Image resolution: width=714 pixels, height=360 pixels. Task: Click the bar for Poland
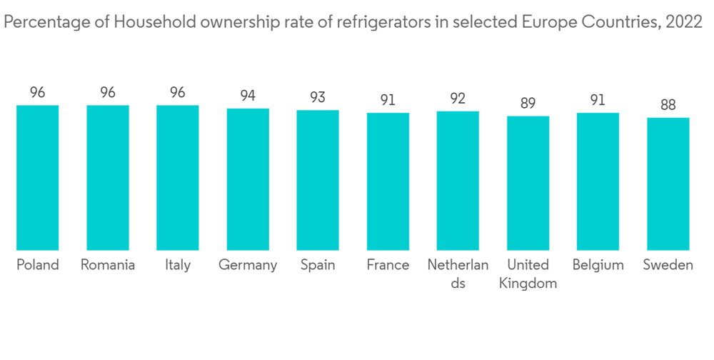pyautogui.click(x=38, y=178)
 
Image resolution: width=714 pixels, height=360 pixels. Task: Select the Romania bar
pyautogui.click(x=108, y=178)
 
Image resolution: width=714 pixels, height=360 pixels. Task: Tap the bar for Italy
pyautogui.click(x=178, y=178)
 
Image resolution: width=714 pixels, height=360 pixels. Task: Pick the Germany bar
pyautogui.click(x=248, y=179)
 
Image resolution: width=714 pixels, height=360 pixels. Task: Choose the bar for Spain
pyautogui.click(x=318, y=180)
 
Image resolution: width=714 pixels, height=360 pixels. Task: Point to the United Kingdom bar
pyautogui.click(x=528, y=183)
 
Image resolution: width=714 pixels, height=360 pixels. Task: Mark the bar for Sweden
pyautogui.click(x=668, y=184)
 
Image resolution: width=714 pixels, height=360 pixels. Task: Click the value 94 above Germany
pyautogui.click(x=248, y=96)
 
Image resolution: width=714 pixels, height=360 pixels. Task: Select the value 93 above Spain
pyautogui.click(x=318, y=97)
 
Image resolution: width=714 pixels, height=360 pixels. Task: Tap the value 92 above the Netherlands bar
pyautogui.click(x=458, y=99)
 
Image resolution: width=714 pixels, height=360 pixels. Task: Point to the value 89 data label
pyautogui.click(x=528, y=103)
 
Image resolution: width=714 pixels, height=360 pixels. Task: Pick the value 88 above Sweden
pyautogui.click(x=668, y=104)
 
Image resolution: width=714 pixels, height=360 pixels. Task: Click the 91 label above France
pyautogui.click(x=388, y=100)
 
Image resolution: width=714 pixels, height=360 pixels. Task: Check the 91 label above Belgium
pyautogui.click(x=598, y=100)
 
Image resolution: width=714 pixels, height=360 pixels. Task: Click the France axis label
pyautogui.click(x=388, y=265)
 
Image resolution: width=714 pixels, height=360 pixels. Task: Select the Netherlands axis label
pyautogui.click(x=458, y=274)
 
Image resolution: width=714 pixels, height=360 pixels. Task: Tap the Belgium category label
pyautogui.click(x=598, y=265)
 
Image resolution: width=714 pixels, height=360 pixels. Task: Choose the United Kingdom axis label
pyautogui.click(x=528, y=274)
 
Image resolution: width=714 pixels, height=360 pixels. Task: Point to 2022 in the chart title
pyautogui.click(x=683, y=23)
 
